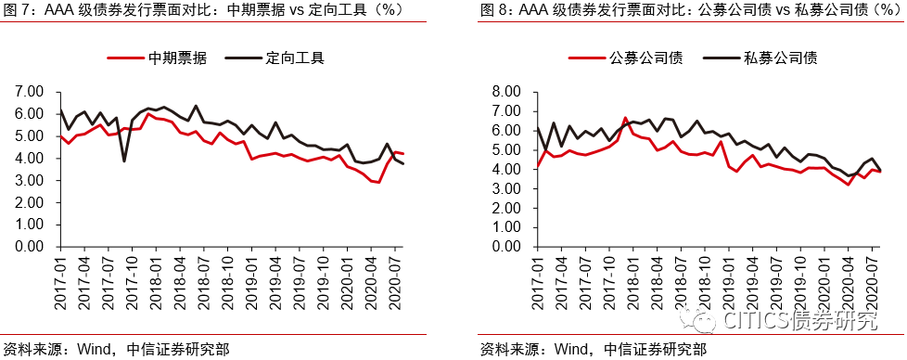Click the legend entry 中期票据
pyautogui.click(x=177, y=58)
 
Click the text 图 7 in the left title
pyautogui.click(x=19, y=11)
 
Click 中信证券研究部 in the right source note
pyautogui.click(x=654, y=350)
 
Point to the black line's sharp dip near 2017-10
pyautogui.click(x=124, y=161)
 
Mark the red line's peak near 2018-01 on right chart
pyautogui.click(x=625, y=119)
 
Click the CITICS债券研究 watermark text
pyautogui.click(x=798, y=321)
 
